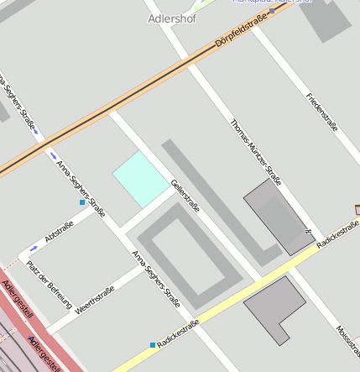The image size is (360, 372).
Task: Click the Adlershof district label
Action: click(x=171, y=18)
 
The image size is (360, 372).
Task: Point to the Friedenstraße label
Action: click(x=322, y=112)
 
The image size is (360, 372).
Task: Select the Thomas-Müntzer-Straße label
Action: click(x=256, y=149)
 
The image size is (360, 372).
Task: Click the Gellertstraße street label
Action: click(x=185, y=195)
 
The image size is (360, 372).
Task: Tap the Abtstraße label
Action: click(x=59, y=232)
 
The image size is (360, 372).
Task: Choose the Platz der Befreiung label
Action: click(x=49, y=283)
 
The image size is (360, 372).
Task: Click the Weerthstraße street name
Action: click(x=94, y=301)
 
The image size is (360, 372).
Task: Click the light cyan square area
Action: click(x=141, y=179)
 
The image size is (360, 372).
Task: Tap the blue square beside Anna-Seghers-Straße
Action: click(x=81, y=202)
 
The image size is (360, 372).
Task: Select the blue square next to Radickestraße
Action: click(x=153, y=345)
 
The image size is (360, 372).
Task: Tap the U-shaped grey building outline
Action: click(x=190, y=255)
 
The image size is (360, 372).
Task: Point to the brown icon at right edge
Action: click(x=357, y=208)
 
